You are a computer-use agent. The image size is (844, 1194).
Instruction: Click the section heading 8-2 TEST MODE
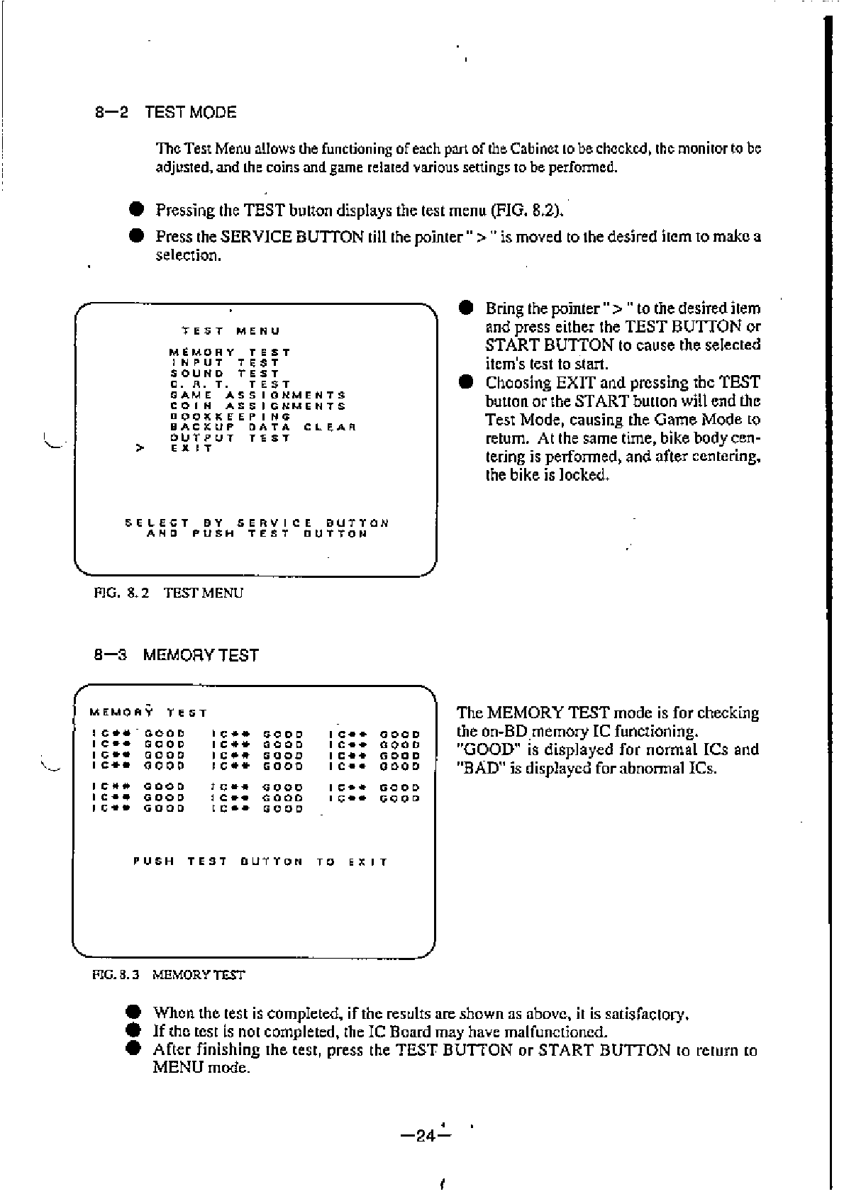click(x=165, y=112)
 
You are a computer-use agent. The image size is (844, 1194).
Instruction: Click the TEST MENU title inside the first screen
click(x=231, y=331)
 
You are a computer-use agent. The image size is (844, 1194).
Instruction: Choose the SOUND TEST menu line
click(x=225, y=374)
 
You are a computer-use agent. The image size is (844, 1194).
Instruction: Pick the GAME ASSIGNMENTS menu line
click(x=258, y=395)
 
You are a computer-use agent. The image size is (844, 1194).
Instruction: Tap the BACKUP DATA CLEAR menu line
click(x=262, y=427)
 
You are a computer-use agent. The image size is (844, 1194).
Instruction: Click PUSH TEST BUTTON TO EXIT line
click(x=260, y=862)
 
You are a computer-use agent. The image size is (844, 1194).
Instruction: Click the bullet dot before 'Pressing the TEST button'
click(x=137, y=210)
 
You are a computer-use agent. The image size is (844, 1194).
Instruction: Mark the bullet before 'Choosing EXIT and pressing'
click(x=465, y=383)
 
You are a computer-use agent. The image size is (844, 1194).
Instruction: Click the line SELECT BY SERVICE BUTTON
click(x=257, y=523)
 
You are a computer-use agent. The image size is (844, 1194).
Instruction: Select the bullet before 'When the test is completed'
click(x=133, y=1013)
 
